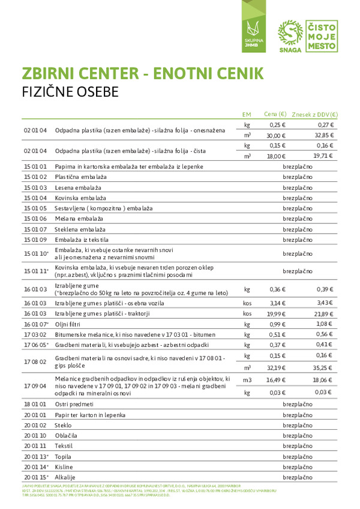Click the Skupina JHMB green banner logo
tap(251, 32)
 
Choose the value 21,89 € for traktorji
tap(324, 313)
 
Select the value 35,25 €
tap(324, 367)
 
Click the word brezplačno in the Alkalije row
tap(298, 477)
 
